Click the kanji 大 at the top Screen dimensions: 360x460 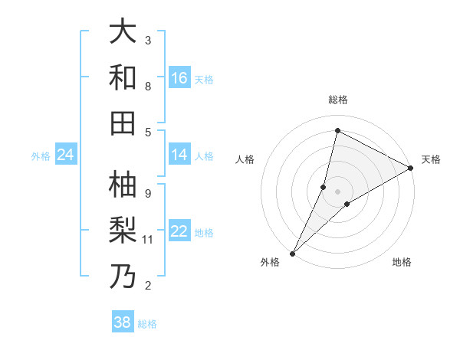click(x=123, y=31)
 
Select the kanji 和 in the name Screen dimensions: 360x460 click(x=123, y=77)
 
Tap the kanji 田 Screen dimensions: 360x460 click(x=123, y=123)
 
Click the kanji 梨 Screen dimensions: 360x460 click(x=123, y=231)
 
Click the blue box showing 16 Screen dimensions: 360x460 click(x=179, y=77)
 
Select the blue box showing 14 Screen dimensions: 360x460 click(x=179, y=155)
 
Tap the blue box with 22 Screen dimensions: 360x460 click(x=179, y=231)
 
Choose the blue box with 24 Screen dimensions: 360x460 click(x=65, y=155)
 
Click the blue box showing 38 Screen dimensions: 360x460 click(x=123, y=322)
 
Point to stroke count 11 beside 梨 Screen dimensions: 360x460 click(x=149, y=240)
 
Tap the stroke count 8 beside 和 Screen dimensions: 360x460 click(x=148, y=87)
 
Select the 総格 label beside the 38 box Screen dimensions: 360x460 click(x=147, y=324)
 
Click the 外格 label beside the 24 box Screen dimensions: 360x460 click(x=41, y=156)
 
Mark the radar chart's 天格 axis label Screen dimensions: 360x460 click(x=431, y=159)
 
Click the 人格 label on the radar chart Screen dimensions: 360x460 click(x=245, y=159)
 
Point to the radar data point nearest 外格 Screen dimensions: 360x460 click(x=293, y=253)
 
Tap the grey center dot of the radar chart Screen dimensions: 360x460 click(x=337, y=191)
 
